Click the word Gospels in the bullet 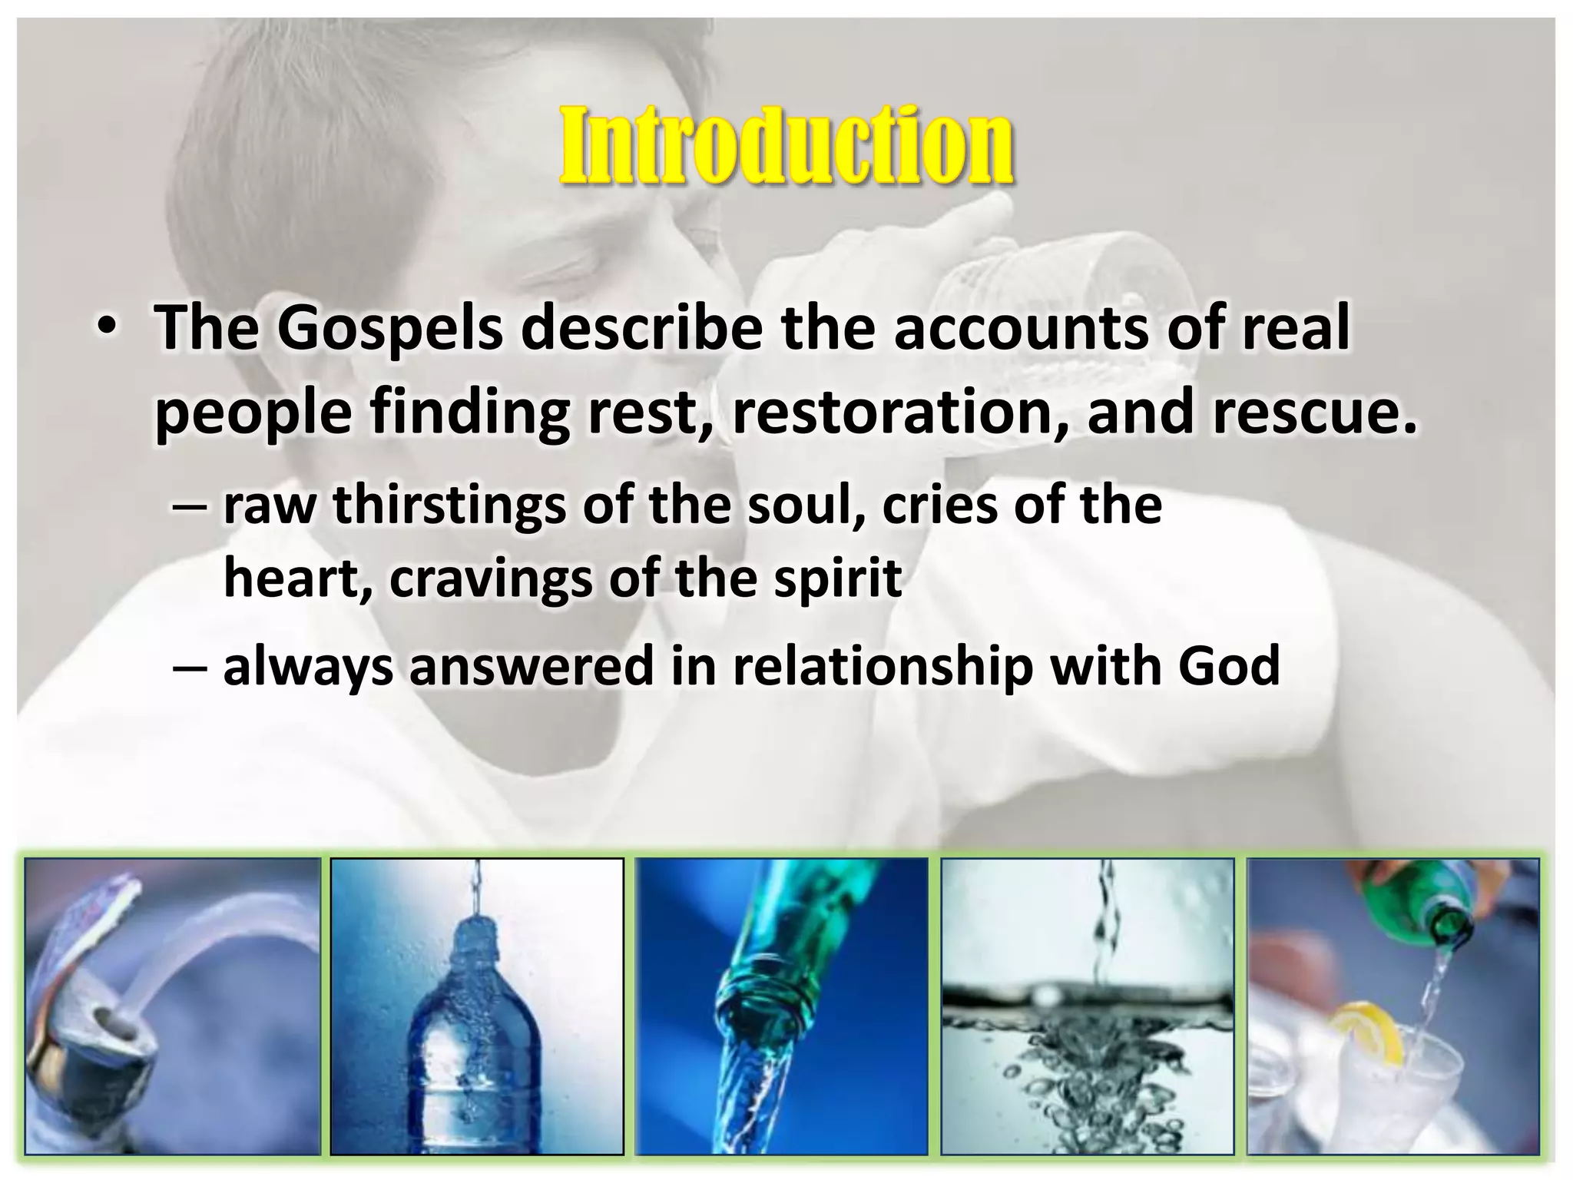(x=389, y=329)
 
